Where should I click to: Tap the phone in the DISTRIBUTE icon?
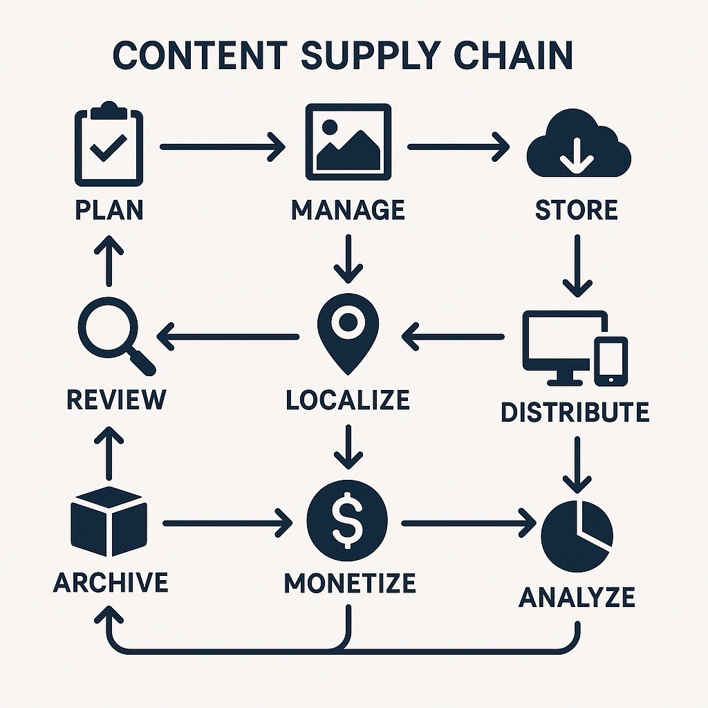(x=611, y=361)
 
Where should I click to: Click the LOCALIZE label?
(x=348, y=400)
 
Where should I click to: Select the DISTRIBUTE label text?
(x=575, y=412)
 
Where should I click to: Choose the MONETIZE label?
(x=350, y=584)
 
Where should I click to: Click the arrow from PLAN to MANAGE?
(x=222, y=147)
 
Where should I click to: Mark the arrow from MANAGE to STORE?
(x=458, y=147)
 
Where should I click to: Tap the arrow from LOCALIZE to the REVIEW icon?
(x=228, y=337)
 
